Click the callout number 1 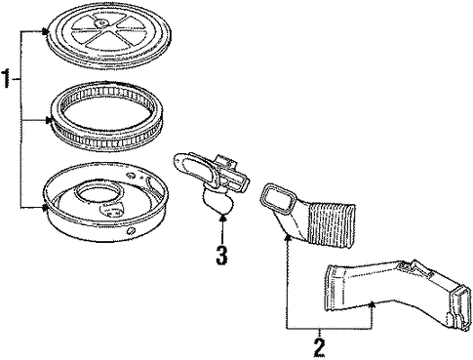point(6,78)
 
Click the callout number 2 point(319,347)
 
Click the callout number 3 point(221,255)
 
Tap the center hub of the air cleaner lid point(102,22)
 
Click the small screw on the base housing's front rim point(131,231)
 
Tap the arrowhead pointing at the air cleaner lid point(46,31)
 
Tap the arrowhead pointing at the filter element point(49,121)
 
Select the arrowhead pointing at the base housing point(45,207)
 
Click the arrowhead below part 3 point(222,217)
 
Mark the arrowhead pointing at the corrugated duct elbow point(287,237)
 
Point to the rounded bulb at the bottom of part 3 point(218,202)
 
